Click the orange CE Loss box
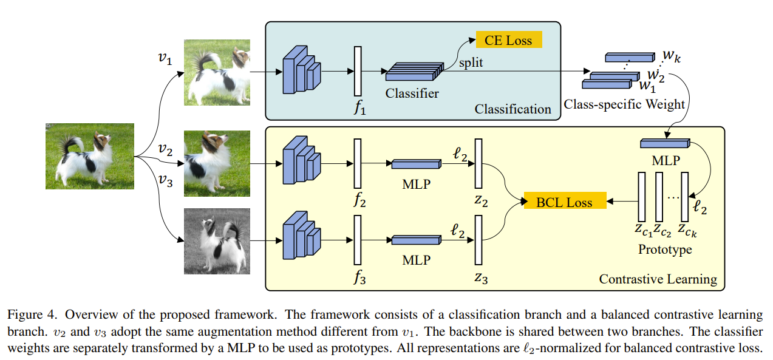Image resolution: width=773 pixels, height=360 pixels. (508, 41)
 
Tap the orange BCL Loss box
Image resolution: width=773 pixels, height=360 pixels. (564, 202)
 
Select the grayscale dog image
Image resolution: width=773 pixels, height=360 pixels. (217, 242)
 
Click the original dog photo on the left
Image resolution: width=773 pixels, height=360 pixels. (89, 156)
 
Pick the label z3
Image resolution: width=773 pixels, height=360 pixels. (482, 279)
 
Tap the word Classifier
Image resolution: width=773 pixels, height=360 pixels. (412, 93)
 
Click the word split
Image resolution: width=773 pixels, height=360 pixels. (471, 63)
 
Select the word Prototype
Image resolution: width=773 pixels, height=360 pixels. (665, 250)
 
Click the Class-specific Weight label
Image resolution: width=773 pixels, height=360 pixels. (624, 104)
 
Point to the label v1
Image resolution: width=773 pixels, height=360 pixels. (164, 59)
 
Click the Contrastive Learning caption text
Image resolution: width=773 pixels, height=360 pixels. (658, 279)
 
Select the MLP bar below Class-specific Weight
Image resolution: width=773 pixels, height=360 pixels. (666, 144)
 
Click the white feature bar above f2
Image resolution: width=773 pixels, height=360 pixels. (358, 164)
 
